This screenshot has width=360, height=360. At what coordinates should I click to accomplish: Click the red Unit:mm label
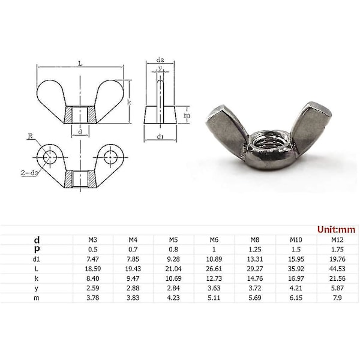[336, 229]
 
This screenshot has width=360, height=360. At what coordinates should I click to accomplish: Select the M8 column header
[255, 240]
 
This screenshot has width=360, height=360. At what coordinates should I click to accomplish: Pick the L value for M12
[337, 269]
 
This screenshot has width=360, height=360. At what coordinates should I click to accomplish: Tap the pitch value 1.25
[255, 250]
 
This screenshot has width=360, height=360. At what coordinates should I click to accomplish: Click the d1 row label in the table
[36, 259]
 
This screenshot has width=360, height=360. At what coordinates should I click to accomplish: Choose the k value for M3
[92, 278]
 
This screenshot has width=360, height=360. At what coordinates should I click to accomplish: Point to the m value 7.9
[337, 298]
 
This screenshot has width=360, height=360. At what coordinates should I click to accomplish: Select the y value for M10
[296, 288]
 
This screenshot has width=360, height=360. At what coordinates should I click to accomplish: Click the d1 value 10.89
[214, 259]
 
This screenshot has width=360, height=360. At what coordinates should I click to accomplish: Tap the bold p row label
[37, 250]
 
